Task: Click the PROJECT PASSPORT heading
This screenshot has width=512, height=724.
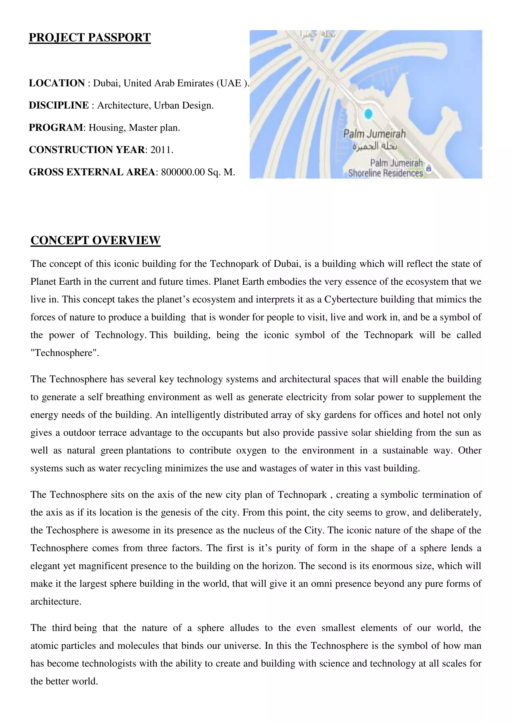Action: pyautogui.click(x=89, y=37)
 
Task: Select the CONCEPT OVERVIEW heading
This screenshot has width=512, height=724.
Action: pyautogui.click(x=95, y=240)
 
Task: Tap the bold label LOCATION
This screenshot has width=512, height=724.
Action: pyautogui.click(x=57, y=83)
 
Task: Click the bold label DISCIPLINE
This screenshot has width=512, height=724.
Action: pyautogui.click(x=59, y=105)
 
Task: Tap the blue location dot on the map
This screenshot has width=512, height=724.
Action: pyautogui.click(x=368, y=114)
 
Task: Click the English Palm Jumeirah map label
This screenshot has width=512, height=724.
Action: pyautogui.click(x=374, y=134)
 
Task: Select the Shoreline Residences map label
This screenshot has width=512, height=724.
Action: pyautogui.click(x=385, y=173)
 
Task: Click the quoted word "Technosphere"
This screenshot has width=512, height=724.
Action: pyautogui.click(x=64, y=353)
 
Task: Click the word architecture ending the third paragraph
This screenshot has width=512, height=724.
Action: pyautogui.click(x=55, y=601)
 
